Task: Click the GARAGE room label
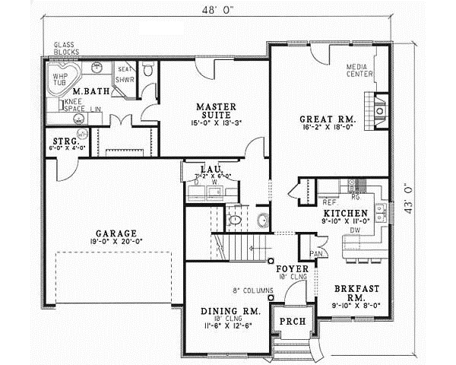(116, 233)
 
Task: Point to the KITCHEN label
(344, 213)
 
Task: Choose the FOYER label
(291, 268)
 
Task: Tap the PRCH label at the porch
(292, 321)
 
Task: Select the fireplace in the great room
(378, 108)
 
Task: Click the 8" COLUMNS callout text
(252, 290)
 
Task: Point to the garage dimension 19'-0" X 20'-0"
(116, 243)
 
